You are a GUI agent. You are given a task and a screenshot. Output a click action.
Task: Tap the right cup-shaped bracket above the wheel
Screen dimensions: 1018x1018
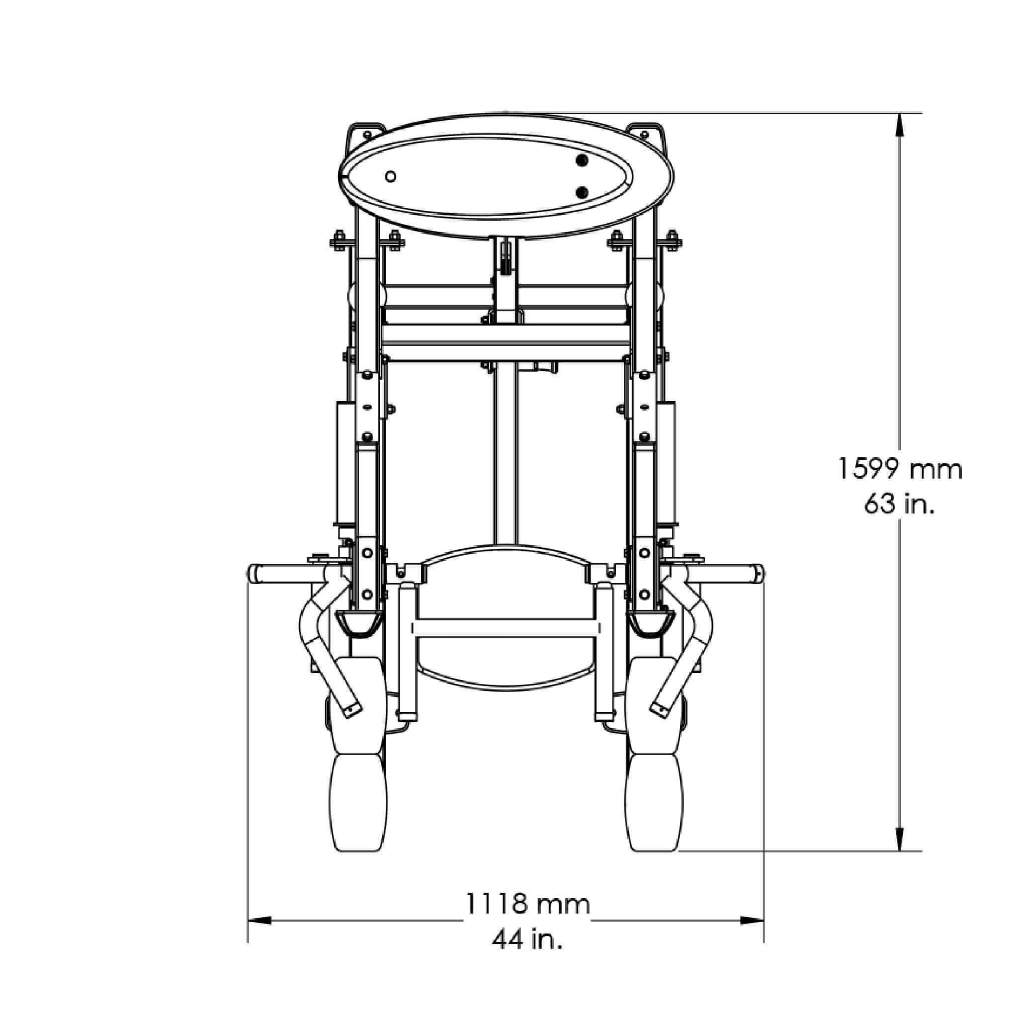[x=653, y=623]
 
